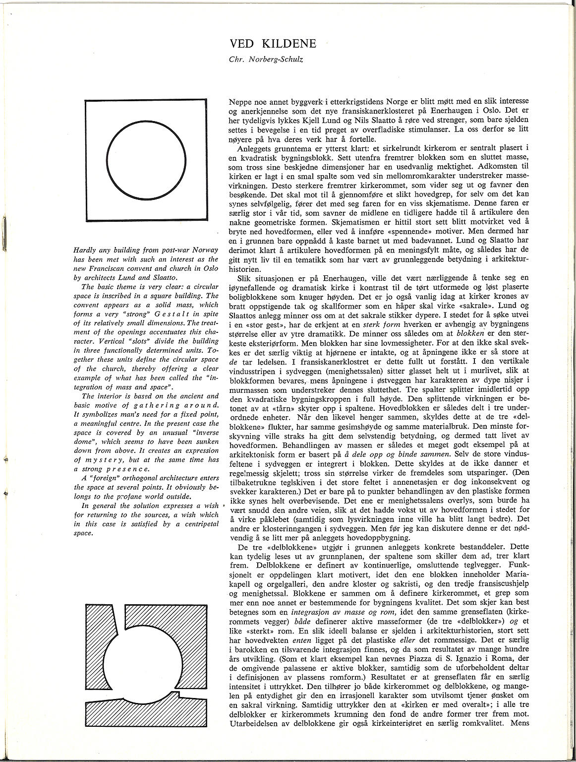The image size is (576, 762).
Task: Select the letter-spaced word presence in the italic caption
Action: point(123,468)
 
